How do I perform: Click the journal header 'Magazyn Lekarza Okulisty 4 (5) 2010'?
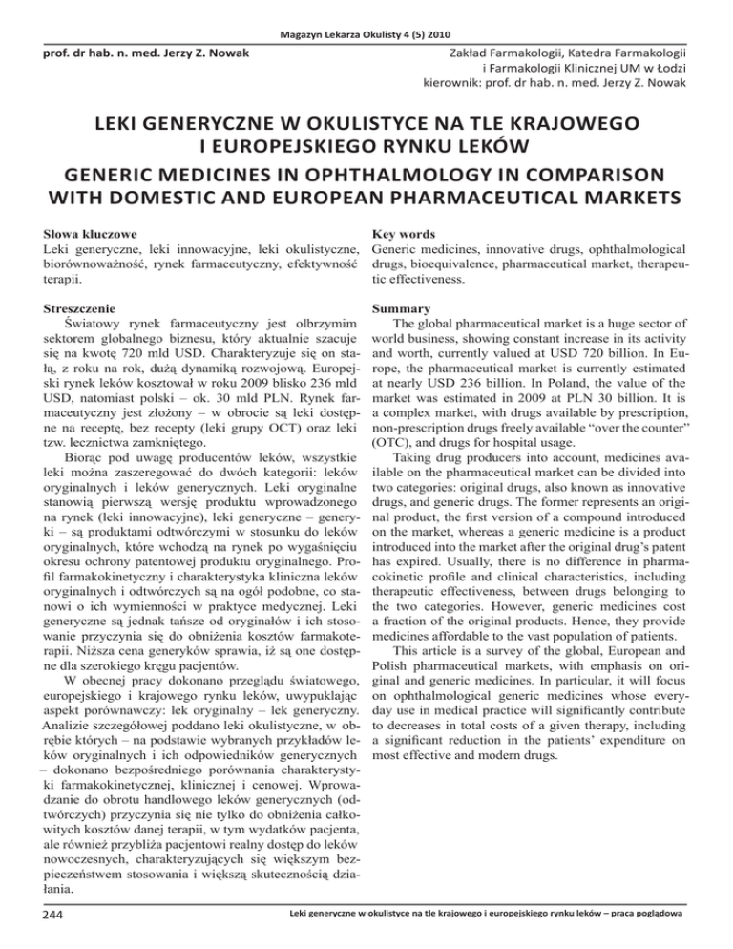(366, 11)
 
